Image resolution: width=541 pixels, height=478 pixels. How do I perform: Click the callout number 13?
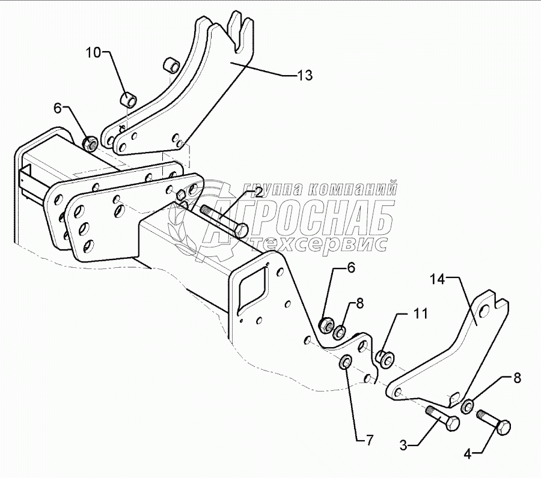coord(305,75)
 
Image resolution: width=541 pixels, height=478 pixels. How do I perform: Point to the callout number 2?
coord(258,193)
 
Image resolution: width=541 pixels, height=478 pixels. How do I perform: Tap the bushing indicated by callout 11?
coord(384,358)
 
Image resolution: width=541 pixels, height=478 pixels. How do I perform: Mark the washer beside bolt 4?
coord(467,407)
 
